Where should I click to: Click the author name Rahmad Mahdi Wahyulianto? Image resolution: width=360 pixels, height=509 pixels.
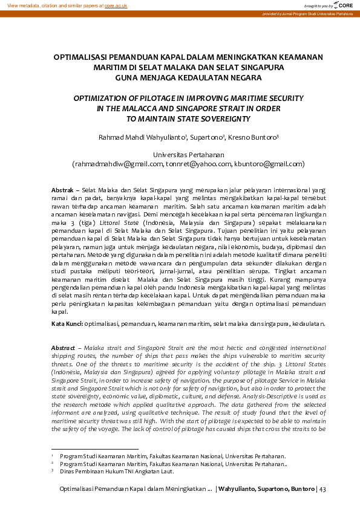point(142,138)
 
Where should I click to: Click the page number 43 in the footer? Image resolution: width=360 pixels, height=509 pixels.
point(322,488)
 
